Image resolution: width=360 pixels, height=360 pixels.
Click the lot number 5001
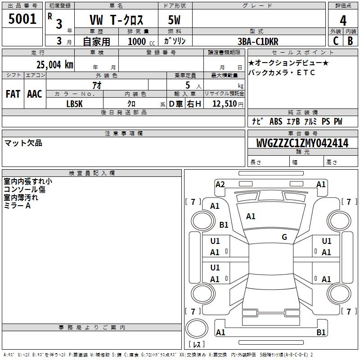pos(22,19)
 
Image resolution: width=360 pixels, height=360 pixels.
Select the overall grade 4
pos(343,21)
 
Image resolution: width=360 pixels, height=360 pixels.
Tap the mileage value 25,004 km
pos(55,65)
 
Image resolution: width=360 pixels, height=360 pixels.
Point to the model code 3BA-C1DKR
pos(258,41)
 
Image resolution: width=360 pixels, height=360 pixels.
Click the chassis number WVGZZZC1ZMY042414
pos(302,143)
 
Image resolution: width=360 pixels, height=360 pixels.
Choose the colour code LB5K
pos(74,104)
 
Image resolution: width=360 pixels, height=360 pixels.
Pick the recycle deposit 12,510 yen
pos(228,104)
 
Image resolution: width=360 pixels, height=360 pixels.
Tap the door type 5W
pos(174,20)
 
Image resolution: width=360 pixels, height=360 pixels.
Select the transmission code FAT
pos(13,94)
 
